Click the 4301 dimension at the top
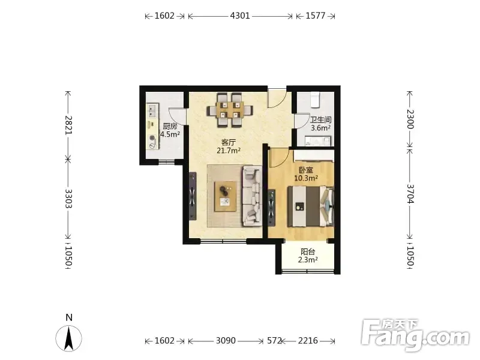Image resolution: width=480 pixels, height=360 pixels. point(240,16)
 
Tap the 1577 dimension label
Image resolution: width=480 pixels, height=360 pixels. point(316,16)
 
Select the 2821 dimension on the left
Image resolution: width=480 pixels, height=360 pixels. point(68,125)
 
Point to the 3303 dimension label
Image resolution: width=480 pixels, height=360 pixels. point(68,199)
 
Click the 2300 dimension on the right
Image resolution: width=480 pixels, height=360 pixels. point(410,119)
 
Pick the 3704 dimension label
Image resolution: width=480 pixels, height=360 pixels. point(410,194)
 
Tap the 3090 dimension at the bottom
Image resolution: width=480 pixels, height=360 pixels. point(226,340)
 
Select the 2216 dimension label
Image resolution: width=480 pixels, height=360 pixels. point(308,340)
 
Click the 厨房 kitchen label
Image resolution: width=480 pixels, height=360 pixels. point(170,126)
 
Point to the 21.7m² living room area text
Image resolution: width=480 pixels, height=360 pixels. point(229,151)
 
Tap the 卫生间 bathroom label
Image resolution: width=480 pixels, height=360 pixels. point(320,119)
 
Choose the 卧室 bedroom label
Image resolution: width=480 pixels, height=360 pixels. point(306,170)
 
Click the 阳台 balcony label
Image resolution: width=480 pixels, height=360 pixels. point(308,251)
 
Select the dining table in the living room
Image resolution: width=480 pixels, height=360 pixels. point(230,110)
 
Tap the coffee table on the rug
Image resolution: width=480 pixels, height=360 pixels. point(226,197)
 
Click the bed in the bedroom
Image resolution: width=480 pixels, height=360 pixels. point(310,206)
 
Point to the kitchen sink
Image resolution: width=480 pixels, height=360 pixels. point(152,110)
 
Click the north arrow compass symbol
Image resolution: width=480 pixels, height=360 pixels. point(69,338)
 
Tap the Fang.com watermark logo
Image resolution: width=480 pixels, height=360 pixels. point(415,335)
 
